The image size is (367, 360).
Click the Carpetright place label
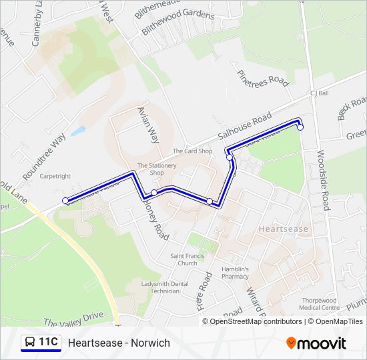[x=55, y=177]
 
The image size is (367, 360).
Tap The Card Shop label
[x=192, y=151]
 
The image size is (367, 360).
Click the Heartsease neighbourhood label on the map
[x=283, y=229]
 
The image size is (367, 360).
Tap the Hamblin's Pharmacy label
[x=235, y=273]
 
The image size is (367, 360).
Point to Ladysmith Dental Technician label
[x=160, y=287]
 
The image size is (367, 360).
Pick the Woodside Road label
[x=324, y=180]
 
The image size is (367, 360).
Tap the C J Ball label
[x=320, y=93]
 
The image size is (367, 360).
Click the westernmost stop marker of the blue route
[x=65, y=200]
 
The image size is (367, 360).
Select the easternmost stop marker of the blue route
[x=300, y=127]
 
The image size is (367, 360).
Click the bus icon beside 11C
[x=29, y=343]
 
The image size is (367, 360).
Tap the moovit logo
[x=316, y=343]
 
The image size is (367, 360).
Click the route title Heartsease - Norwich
[x=119, y=343]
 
